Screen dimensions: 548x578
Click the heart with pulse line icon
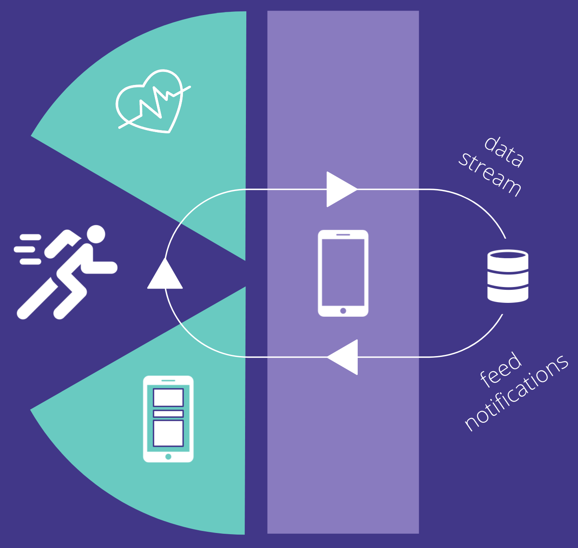click(x=150, y=102)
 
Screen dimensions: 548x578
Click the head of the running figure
click(x=96, y=234)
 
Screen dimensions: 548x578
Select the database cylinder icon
click(x=508, y=276)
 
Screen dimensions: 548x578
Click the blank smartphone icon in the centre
click(x=343, y=273)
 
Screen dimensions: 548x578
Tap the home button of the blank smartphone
click(x=343, y=311)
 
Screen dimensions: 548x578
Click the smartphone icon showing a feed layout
click(x=168, y=419)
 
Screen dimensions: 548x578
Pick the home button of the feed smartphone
click(x=168, y=457)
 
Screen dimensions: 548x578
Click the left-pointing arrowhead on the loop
click(x=344, y=357)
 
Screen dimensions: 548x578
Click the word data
click(x=504, y=152)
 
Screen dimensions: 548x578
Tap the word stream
click(x=490, y=175)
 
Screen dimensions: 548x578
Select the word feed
click(x=501, y=370)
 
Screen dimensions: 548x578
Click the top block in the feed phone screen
click(x=168, y=397)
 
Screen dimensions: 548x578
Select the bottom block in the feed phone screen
click(x=168, y=433)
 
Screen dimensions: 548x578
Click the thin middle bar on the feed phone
click(x=168, y=413)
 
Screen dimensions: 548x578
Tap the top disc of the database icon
click(x=508, y=255)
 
